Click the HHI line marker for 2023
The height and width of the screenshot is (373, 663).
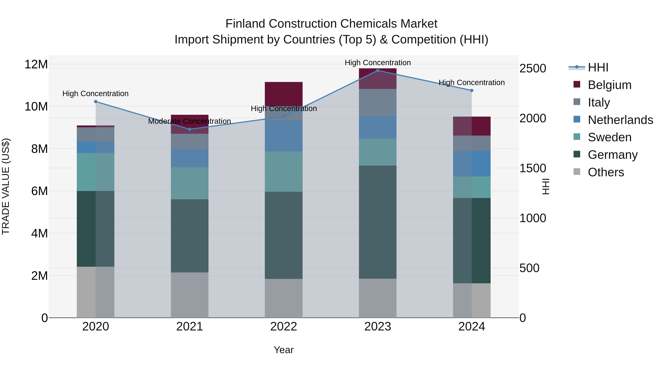[378, 70]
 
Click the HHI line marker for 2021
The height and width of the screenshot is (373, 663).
[190, 129]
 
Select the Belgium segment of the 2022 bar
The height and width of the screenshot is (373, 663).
[284, 94]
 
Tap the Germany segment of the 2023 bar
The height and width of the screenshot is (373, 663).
[378, 222]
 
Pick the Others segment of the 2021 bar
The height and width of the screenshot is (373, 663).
[190, 295]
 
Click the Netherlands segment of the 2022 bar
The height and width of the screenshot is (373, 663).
[284, 136]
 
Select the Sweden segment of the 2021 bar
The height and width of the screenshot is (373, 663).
[190, 183]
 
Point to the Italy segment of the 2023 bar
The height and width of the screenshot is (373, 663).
[378, 102]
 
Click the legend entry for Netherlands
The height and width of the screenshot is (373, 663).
[620, 120]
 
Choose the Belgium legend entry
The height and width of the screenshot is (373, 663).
[609, 85]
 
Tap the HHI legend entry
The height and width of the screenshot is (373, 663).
[598, 67]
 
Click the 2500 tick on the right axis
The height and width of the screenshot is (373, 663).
[532, 69]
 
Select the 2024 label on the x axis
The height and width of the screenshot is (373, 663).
[471, 327]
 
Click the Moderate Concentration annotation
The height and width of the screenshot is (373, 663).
[190, 121]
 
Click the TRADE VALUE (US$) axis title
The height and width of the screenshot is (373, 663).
[6, 186]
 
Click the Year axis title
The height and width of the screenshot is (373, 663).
[283, 350]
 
